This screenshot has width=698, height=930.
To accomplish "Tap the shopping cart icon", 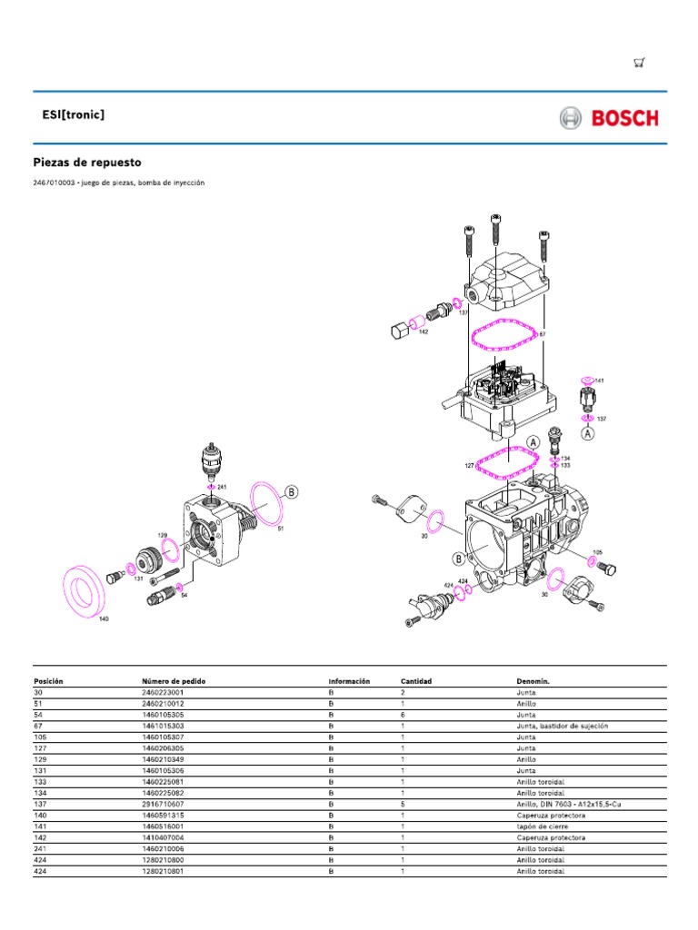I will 640,63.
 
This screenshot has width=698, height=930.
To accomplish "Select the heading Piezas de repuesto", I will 87,163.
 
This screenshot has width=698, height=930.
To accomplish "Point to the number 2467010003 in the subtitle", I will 54,183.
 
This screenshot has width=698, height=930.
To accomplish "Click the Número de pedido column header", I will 170,680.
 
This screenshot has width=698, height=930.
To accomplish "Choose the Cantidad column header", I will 416,680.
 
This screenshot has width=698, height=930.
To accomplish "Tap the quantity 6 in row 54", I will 403,715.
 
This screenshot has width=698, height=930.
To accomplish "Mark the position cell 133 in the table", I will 40,782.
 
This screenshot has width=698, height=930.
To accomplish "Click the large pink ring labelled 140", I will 86,589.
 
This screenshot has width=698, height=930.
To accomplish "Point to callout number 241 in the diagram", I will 222,488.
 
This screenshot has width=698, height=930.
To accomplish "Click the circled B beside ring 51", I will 292,492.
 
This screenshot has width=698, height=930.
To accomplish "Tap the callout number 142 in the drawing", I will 424,332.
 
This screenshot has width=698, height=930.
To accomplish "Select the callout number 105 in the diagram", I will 597,552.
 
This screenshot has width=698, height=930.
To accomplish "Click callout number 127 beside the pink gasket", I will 470,465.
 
